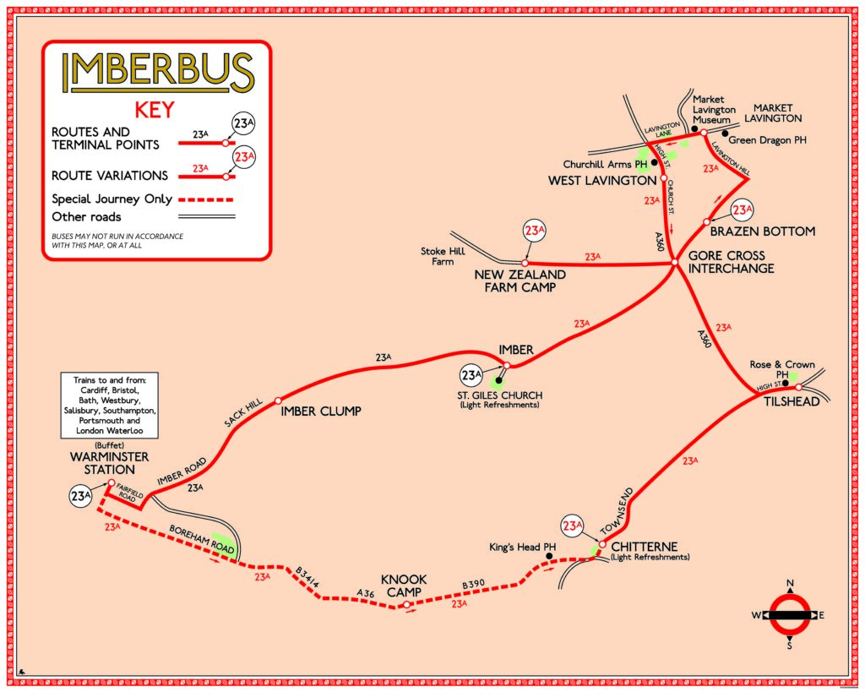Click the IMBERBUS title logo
point(158,74)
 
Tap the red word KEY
point(155,110)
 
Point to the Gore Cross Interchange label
point(731,262)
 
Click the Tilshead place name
point(792,401)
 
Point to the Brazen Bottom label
point(762,232)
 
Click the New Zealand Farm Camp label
point(520,281)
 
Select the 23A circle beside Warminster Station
point(80,496)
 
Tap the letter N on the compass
point(791,584)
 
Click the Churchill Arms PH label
point(605,164)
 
